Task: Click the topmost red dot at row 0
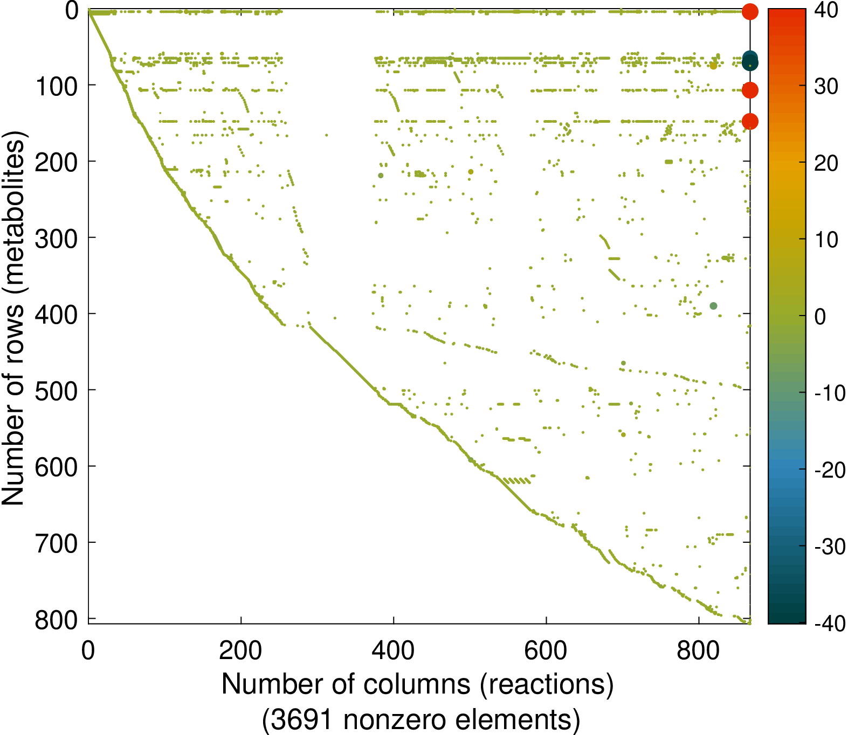(x=750, y=11)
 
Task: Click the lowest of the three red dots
(x=750, y=122)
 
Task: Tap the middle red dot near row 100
(x=750, y=90)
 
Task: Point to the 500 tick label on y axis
(x=57, y=390)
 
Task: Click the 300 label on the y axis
(x=57, y=238)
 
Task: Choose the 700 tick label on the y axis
(x=57, y=543)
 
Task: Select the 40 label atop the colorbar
(x=826, y=10)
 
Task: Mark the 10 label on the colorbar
(x=826, y=240)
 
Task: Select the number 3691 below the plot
(x=301, y=720)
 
